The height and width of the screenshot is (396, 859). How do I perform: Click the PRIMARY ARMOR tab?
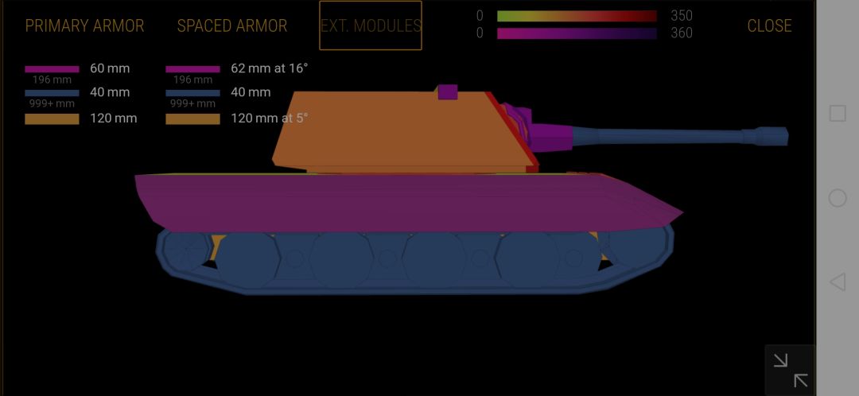84,25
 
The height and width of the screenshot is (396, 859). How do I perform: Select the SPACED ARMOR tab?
231,25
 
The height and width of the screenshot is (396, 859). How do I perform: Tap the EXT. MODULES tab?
371,25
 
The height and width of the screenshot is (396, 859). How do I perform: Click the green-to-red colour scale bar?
577,16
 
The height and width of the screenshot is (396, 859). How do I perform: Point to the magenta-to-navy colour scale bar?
577,33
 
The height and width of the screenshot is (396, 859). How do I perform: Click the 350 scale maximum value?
682,16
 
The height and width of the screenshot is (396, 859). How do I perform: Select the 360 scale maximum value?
682,33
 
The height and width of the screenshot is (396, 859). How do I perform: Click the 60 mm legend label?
110,68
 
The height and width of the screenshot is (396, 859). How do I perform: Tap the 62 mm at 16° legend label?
269,68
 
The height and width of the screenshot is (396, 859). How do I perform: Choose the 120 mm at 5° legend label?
269,118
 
